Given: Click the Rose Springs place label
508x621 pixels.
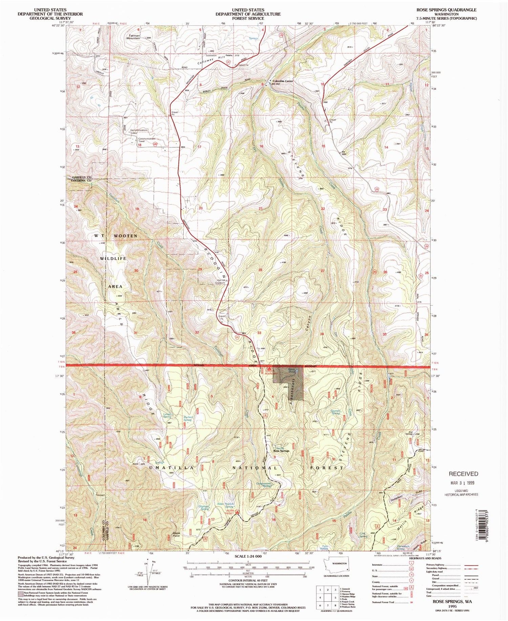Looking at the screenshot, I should [x=281, y=451].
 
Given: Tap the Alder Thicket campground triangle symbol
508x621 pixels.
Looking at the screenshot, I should [x=237, y=512].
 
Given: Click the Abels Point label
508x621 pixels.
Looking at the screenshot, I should [x=176, y=535].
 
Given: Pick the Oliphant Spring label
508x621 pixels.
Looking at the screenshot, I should [x=204, y=508].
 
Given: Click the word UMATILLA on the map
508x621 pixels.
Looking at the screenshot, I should [x=174, y=468].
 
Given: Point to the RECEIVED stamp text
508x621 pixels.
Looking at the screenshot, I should [x=463, y=474].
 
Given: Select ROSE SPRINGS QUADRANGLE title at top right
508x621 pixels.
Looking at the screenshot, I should [x=446, y=10].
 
